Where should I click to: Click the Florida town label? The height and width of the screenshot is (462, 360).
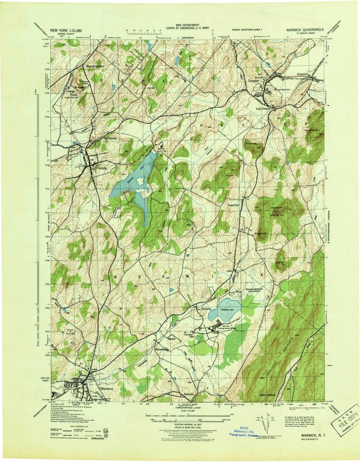[102, 169]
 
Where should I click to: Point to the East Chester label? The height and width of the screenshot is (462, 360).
[264, 109]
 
